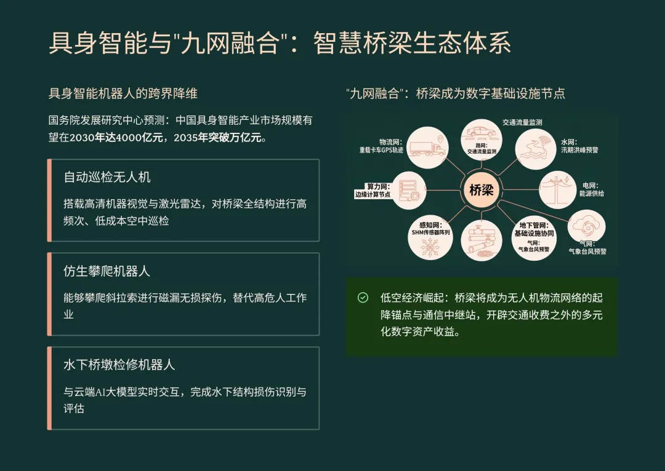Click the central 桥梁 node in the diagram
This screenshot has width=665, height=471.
pyautogui.click(x=482, y=189)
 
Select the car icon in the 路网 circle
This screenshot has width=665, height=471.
pyautogui.click(x=481, y=132)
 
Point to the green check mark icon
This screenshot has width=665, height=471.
pyautogui.click(x=363, y=298)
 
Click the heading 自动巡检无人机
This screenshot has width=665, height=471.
pyautogui.click(x=107, y=177)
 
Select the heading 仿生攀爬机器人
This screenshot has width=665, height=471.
pyautogui.click(x=107, y=271)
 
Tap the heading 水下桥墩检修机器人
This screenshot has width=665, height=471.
pyautogui.click(x=119, y=365)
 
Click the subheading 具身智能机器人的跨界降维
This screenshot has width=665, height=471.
pyautogui.click(x=123, y=93)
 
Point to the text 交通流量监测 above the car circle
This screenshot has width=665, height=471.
pyautogui.click(x=522, y=122)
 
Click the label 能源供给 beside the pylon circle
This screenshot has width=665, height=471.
pyautogui.click(x=591, y=194)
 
